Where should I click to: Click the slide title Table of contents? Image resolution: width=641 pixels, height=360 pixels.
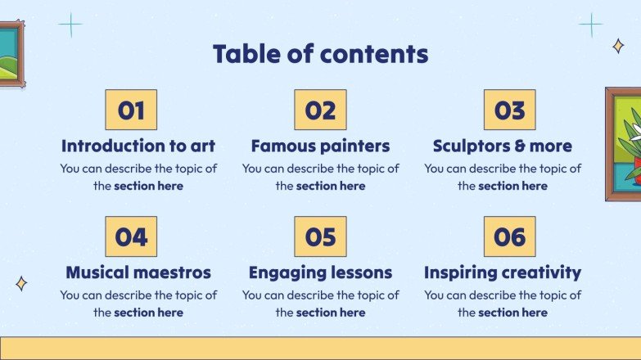(320, 54)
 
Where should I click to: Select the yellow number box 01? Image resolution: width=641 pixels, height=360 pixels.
(131, 110)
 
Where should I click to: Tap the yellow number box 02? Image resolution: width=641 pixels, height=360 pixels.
(320, 110)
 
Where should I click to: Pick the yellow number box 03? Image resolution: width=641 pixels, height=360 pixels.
(509, 110)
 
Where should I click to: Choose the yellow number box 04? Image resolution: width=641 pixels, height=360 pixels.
(131, 237)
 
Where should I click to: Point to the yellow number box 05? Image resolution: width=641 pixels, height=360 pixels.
(320, 237)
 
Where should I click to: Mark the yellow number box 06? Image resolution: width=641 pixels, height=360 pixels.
(509, 237)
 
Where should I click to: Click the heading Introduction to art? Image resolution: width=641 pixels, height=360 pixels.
(138, 146)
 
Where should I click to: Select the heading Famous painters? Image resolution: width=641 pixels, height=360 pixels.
(320, 146)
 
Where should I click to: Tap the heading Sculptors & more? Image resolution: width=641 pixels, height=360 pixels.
(503, 146)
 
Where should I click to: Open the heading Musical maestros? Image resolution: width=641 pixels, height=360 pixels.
(138, 272)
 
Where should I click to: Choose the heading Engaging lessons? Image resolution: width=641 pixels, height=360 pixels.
(320, 272)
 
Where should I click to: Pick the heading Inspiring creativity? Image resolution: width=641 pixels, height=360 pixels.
(503, 272)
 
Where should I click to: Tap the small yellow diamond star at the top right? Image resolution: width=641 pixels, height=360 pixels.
(618, 47)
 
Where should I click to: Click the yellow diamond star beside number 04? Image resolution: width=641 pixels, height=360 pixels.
(21, 284)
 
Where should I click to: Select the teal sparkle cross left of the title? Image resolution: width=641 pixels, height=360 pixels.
(70, 25)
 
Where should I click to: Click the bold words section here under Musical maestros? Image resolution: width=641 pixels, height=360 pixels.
(148, 313)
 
